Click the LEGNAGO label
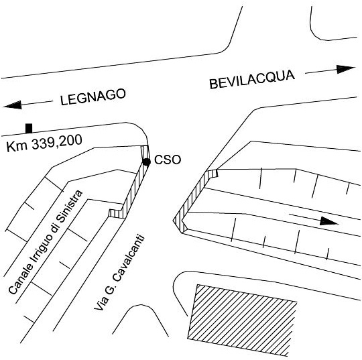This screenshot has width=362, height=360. (93, 97)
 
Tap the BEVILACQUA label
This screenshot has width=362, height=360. (252, 79)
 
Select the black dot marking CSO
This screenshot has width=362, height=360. (147, 162)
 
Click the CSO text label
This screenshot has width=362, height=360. (168, 160)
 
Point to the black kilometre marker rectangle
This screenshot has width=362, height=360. (29, 129)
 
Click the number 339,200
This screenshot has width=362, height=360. (57, 143)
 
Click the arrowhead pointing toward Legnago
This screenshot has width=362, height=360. (13, 105)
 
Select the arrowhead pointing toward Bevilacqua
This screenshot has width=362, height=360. (345, 69)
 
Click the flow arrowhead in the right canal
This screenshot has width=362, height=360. (329, 221)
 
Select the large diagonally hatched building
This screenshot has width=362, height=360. (242, 320)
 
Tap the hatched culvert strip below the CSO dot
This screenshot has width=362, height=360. (133, 190)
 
